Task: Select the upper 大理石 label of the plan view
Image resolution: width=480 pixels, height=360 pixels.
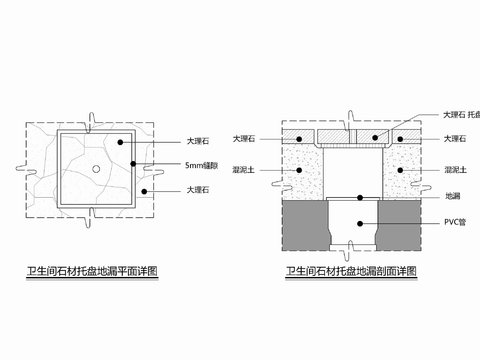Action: pos(199,142)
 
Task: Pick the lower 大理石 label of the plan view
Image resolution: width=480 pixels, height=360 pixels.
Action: pos(199,189)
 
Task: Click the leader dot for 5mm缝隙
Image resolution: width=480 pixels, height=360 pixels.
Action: pos(147,164)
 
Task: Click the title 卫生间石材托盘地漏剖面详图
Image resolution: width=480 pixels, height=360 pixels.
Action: pos(350,271)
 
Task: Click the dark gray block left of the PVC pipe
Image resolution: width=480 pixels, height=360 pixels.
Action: pos(304,226)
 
